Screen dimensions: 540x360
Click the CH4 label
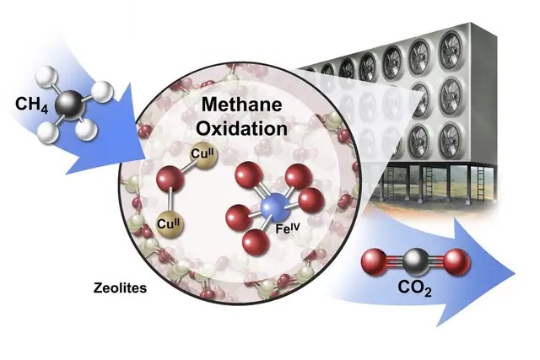tap(32, 105)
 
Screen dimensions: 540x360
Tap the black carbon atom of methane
tap(71, 105)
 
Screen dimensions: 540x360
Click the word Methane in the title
tap(241, 105)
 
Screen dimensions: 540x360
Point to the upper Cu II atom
tap(204, 157)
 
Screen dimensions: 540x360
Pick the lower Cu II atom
tap(170, 225)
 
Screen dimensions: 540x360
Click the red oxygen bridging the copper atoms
tap(170, 179)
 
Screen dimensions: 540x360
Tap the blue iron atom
tap(275, 207)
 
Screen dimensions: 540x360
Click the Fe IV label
tap(288, 228)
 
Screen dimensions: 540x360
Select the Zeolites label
tap(120, 287)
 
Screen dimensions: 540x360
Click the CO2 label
tap(414, 288)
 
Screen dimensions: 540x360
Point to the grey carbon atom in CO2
tap(416, 262)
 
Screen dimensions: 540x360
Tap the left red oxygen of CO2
tap(375, 262)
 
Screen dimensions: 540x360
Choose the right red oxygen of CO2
tap(456, 261)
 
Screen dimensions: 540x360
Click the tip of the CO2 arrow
tap(516, 274)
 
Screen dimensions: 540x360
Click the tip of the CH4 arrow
tap(146, 160)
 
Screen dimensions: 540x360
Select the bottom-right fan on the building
tap(450, 142)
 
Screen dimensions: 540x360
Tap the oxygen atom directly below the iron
tap(255, 242)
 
